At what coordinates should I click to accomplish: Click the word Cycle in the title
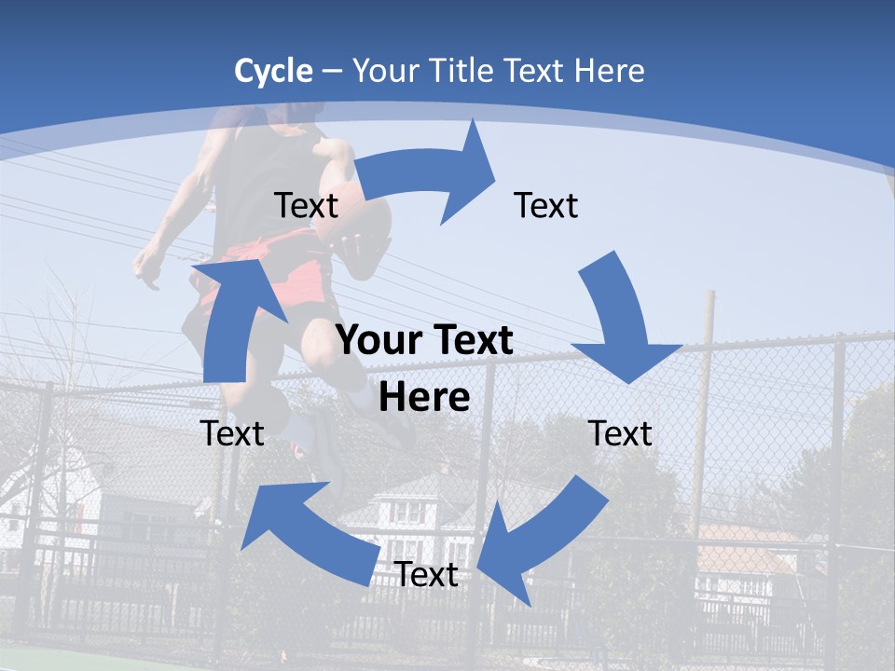tap(273, 71)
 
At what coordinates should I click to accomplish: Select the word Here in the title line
tap(609, 71)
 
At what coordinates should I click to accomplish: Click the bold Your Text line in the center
tap(424, 341)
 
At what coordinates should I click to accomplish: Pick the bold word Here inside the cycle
tap(424, 398)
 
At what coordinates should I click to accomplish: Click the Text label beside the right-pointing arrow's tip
tap(546, 205)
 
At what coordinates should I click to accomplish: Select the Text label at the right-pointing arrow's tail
tap(306, 205)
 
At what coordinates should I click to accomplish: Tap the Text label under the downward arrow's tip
tap(620, 433)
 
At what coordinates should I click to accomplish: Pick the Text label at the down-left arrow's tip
tap(426, 575)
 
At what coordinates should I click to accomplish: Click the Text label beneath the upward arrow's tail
tap(232, 433)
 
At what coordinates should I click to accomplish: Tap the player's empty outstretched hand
tap(147, 266)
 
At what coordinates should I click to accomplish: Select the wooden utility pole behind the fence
tap(704, 391)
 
